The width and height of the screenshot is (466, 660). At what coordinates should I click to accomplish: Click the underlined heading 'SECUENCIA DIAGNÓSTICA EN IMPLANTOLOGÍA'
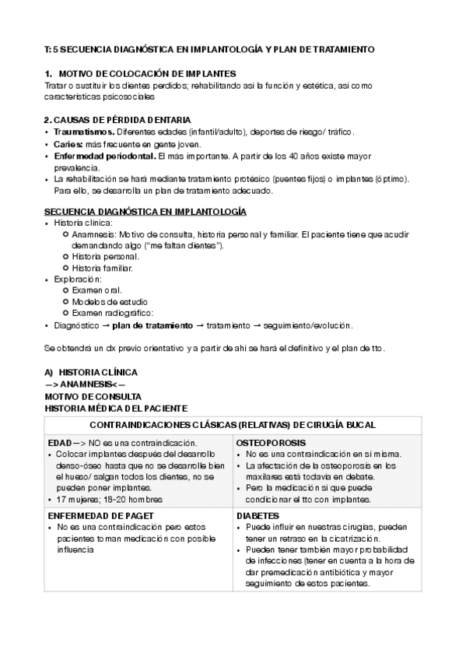coord(145,211)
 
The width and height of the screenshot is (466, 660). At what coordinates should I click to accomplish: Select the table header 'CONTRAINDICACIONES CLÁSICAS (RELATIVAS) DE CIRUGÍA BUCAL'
coord(233,425)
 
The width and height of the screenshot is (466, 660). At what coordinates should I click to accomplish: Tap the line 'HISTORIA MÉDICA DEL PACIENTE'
coord(116,407)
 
